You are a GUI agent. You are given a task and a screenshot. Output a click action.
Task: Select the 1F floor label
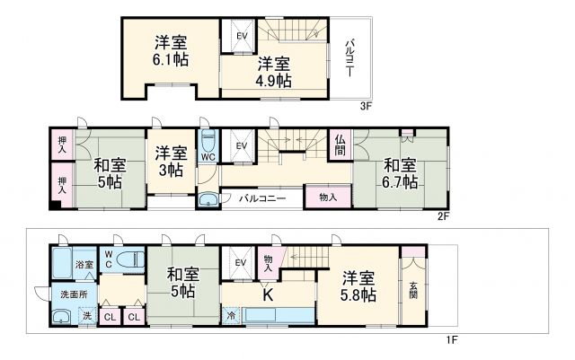click(x=455, y=340)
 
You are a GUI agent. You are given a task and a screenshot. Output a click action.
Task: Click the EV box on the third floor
click(x=241, y=36)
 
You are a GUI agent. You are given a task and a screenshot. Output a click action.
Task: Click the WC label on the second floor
click(x=208, y=155)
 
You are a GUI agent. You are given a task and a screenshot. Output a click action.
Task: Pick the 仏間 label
click(x=341, y=147)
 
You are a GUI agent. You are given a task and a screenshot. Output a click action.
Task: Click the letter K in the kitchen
click(x=267, y=293)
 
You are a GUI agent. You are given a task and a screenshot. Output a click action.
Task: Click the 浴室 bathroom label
click(x=84, y=266)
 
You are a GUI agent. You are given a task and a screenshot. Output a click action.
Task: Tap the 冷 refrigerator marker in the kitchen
click(x=231, y=316)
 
